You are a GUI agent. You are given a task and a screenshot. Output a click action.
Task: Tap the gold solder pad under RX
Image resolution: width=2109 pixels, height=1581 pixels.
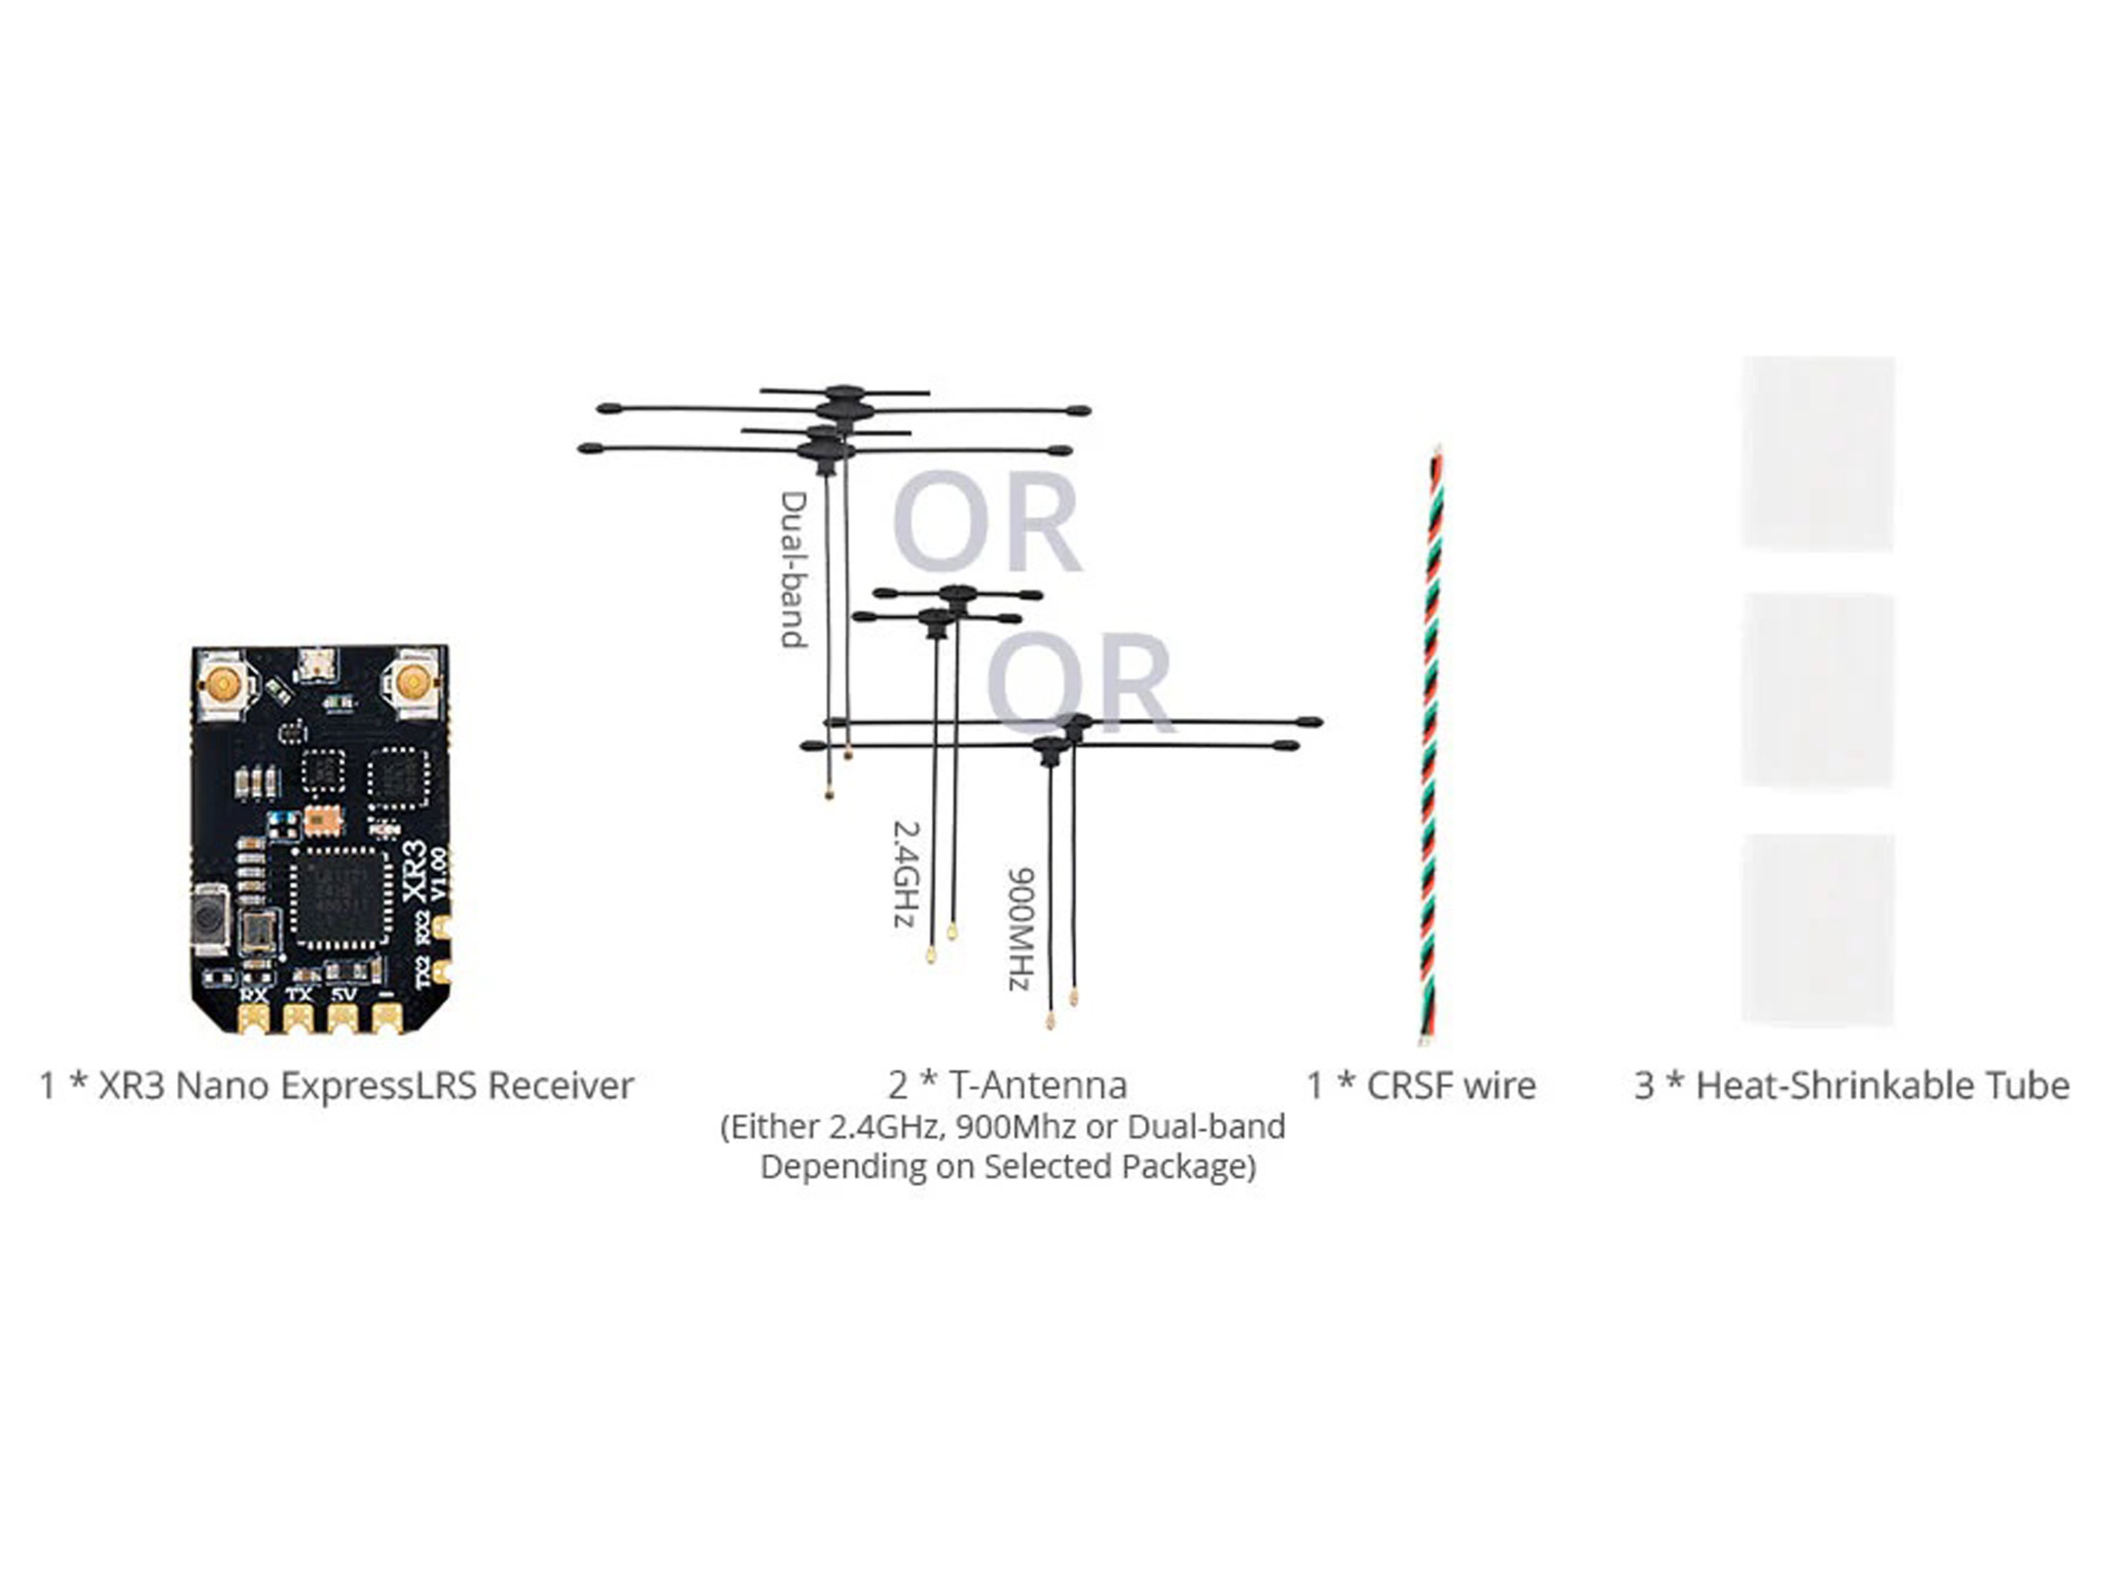254,1019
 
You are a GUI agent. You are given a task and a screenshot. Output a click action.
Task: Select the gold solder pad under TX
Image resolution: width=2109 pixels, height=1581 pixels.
299,1019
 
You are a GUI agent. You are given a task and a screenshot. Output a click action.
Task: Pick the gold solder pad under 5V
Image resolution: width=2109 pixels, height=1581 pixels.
343,1019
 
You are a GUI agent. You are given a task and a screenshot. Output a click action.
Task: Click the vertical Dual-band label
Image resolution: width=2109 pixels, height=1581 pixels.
793,570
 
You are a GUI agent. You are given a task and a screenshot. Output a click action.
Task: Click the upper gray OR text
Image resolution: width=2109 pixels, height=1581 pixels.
987,522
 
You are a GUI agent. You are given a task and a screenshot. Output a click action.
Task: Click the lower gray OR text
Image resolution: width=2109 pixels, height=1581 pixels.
1081,682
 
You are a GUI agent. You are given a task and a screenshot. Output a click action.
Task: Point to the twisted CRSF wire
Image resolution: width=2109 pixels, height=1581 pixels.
1431,743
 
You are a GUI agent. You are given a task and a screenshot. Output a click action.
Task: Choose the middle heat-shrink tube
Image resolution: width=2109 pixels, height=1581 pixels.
1818,691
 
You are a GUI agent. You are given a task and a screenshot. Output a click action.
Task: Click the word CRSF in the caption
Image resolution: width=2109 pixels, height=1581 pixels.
1403,1086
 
